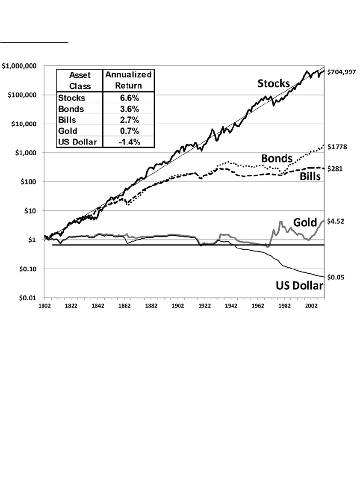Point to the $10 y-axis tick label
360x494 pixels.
tap(30, 211)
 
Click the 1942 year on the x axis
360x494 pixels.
tap(231, 306)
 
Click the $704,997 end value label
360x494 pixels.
tap(341, 72)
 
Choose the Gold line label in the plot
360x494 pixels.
tap(304, 222)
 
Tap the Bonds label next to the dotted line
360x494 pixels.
tap(277, 158)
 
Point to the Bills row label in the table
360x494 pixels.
tap(67, 120)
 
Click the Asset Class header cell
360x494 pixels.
tap(80, 80)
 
